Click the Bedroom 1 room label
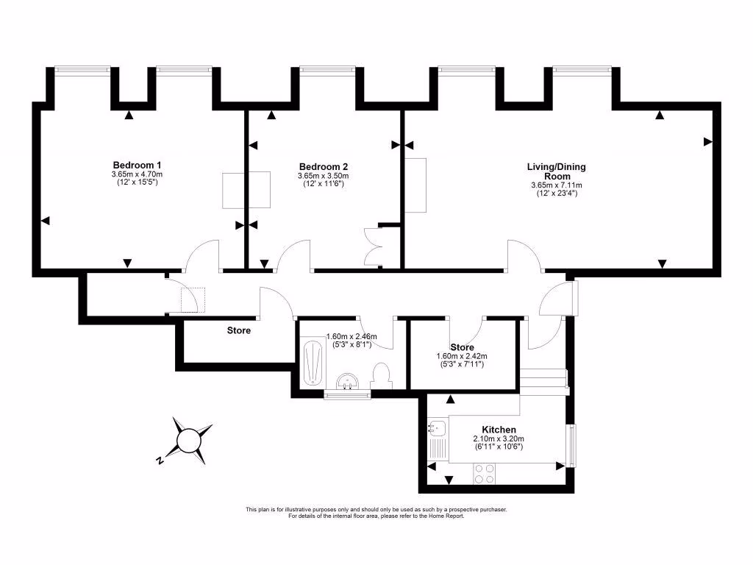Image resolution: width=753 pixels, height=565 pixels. (x=137, y=164)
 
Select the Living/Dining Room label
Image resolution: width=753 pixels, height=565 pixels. (x=556, y=171)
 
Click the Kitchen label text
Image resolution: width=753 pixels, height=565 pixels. (x=499, y=430)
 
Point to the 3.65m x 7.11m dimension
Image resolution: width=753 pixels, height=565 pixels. (x=556, y=185)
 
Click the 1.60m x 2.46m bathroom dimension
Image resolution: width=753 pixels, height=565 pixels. (x=351, y=337)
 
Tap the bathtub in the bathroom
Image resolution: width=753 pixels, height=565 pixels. (x=313, y=363)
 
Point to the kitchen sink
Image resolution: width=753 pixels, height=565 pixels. (x=435, y=427)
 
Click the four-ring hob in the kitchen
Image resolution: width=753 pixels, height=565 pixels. (x=484, y=474)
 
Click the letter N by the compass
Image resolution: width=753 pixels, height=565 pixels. (x=159, y=461)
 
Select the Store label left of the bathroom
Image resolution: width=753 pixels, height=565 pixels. (x=238, y=330)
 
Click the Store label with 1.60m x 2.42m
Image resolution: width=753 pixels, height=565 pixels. (x=461, y=347)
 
